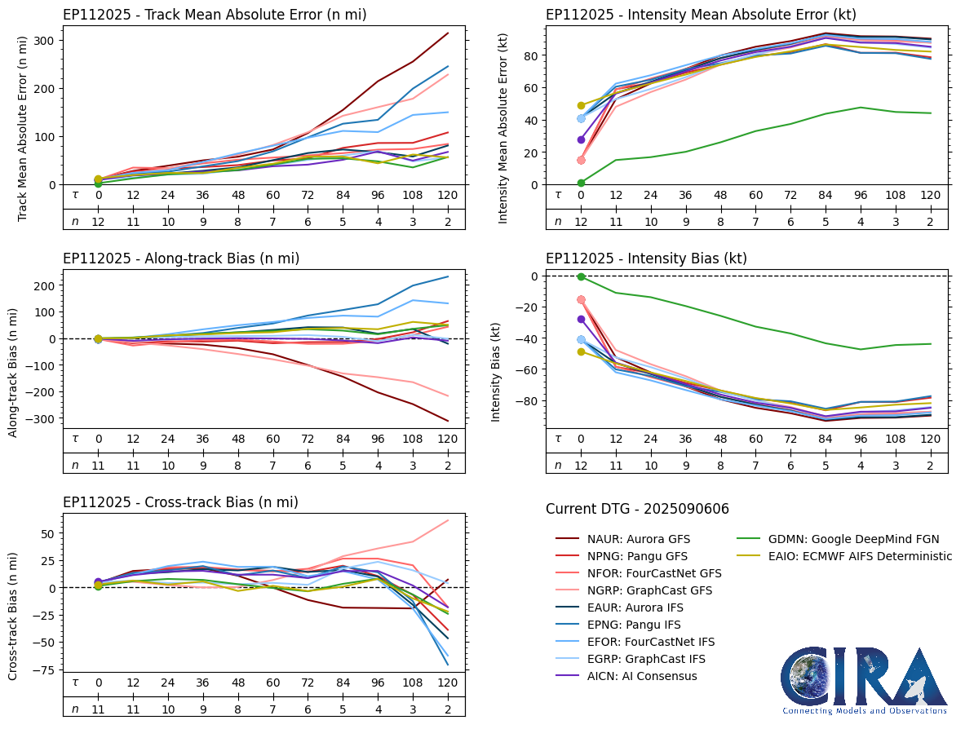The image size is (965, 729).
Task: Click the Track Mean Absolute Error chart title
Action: [215, 15]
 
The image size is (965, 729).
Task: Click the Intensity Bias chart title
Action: [646, 258]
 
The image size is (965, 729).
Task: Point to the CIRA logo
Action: [864, 681]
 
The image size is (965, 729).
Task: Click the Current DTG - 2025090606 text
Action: [637, 509]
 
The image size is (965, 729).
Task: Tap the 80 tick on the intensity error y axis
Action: [529, 55]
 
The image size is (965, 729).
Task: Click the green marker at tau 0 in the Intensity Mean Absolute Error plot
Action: [581, 183]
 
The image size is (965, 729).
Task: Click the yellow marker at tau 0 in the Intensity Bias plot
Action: [581, 351]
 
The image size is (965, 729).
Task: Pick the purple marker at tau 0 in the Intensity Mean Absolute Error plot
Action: [581, 139]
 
